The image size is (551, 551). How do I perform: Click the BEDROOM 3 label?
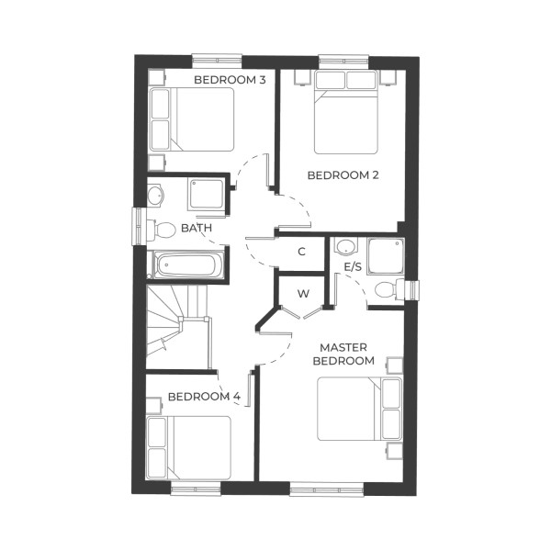pos(230,80)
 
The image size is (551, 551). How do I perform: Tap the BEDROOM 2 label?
pos(343,174)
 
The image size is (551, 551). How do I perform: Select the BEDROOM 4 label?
pos(204,397)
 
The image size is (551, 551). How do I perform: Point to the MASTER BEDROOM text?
pos(343,354)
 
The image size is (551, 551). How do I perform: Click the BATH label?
pos(197,227)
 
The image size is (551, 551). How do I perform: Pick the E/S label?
pos(353,266)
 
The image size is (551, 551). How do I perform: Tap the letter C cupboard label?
pos(301,252)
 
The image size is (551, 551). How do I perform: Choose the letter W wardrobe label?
pos(302,294)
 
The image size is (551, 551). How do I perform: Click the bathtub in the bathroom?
pos(186,266)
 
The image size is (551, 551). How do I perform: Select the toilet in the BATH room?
pos(163,228)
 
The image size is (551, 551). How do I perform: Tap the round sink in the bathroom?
pos(154,195)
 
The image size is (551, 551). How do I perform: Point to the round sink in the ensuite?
pos(345,247)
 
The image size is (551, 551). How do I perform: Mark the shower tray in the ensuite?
pos(383,254)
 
